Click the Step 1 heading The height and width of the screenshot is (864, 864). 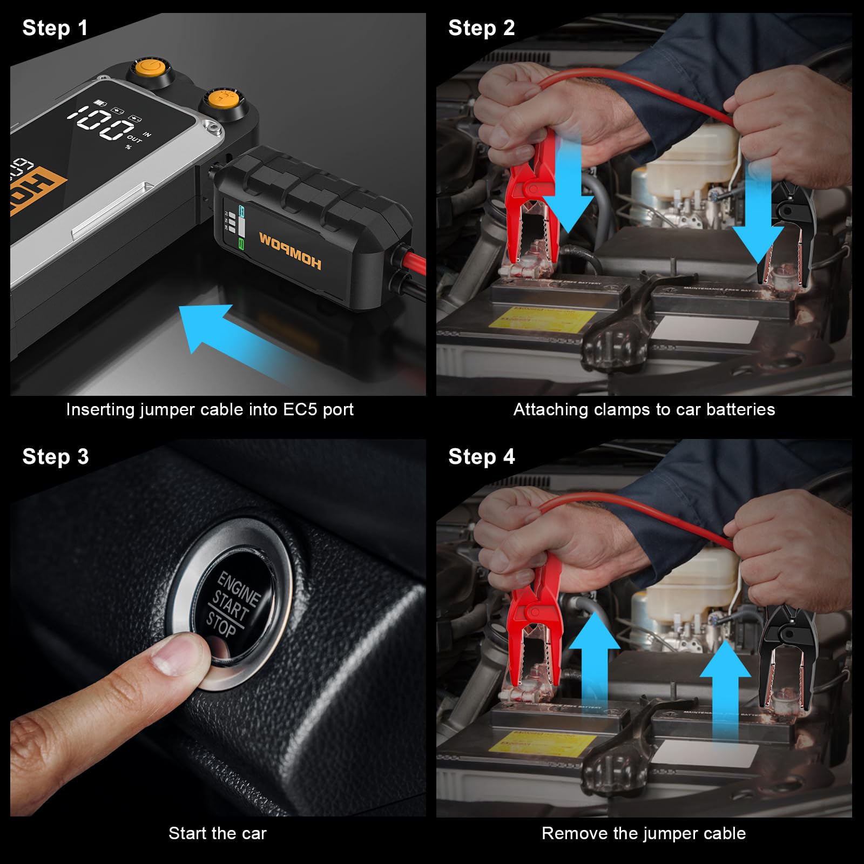(x=55, y=28)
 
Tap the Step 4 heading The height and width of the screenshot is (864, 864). (x=481, y=457)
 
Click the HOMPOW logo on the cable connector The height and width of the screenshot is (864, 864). (x=290, y=250)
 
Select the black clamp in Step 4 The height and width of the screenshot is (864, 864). (x=783, y=653)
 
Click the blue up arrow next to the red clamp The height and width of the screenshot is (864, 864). (x=594, y=664)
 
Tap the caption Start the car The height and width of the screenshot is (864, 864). (x=217, y=833)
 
